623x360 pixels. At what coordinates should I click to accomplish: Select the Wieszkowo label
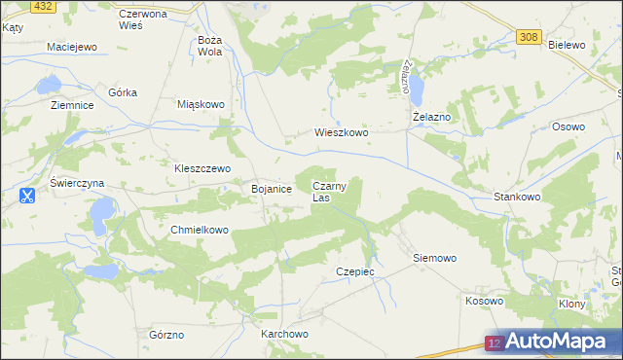tap(341, 132)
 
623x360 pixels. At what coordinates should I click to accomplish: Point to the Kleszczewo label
tap(202, 167)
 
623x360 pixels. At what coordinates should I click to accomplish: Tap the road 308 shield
tap(528, 37)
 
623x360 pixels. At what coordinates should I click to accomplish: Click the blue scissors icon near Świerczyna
tap(27, 196)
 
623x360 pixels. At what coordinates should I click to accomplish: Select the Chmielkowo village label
tap(199, 230)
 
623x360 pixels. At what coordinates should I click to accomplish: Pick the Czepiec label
tap(354, 271)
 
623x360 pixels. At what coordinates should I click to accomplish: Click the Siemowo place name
tap(434, 258)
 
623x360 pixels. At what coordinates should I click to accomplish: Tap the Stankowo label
tap(517, 197)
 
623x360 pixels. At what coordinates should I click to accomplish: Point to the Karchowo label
tap(284, 334)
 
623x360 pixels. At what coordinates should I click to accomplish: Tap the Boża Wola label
tap(210, 46)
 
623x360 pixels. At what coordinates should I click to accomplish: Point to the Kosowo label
tap(484, 301)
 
